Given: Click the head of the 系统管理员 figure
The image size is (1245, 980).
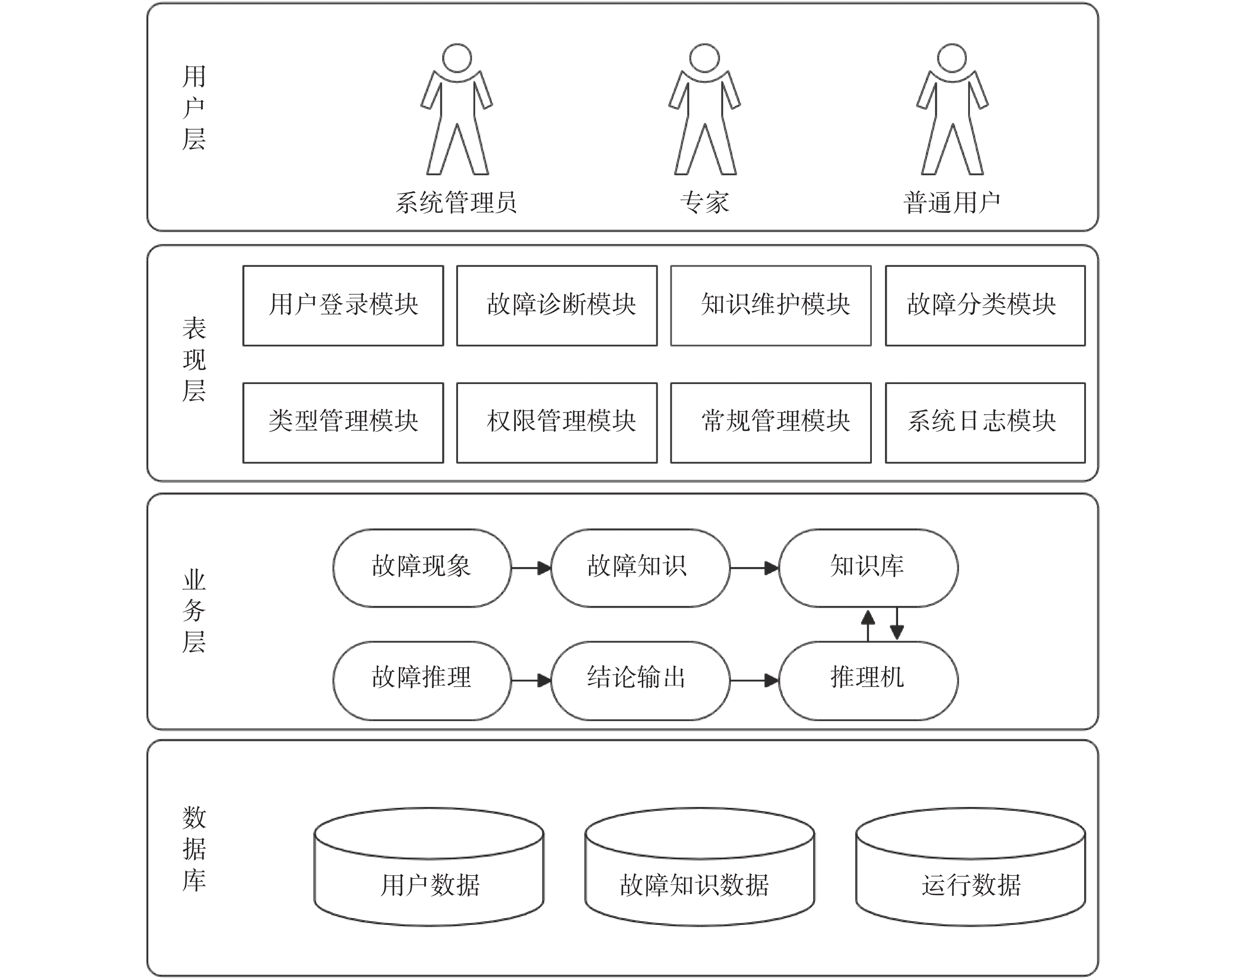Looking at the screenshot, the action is pos(457,58).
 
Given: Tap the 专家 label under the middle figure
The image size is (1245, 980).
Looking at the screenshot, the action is pos(705,202).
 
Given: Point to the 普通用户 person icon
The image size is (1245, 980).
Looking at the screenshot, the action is pos(952,109).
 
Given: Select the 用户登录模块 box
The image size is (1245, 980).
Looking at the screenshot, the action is pos(343,305).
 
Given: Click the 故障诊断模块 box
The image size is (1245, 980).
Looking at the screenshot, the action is pos(557,305).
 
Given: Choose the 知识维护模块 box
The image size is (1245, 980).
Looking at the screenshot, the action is pos(771,305).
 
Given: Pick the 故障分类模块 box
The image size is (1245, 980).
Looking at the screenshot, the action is pos(985,305).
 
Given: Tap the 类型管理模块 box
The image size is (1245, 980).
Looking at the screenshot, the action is pos(343,422).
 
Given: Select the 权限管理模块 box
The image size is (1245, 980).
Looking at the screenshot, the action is pos(557,422).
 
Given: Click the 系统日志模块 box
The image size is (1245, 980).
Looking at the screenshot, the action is pos(985,422).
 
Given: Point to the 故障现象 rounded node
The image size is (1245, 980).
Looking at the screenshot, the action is pos(421,567).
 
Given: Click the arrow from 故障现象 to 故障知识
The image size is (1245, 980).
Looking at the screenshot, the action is pos(531,568).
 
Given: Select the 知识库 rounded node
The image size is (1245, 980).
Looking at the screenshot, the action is pos(868,567).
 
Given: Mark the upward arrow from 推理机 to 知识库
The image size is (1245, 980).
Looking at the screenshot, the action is pos(868,625).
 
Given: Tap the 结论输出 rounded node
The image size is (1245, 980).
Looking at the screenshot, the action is pos(640,680).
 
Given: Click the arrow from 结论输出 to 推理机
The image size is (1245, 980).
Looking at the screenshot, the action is pos(754,680).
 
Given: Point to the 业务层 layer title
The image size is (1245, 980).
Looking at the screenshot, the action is pos(194,610).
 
